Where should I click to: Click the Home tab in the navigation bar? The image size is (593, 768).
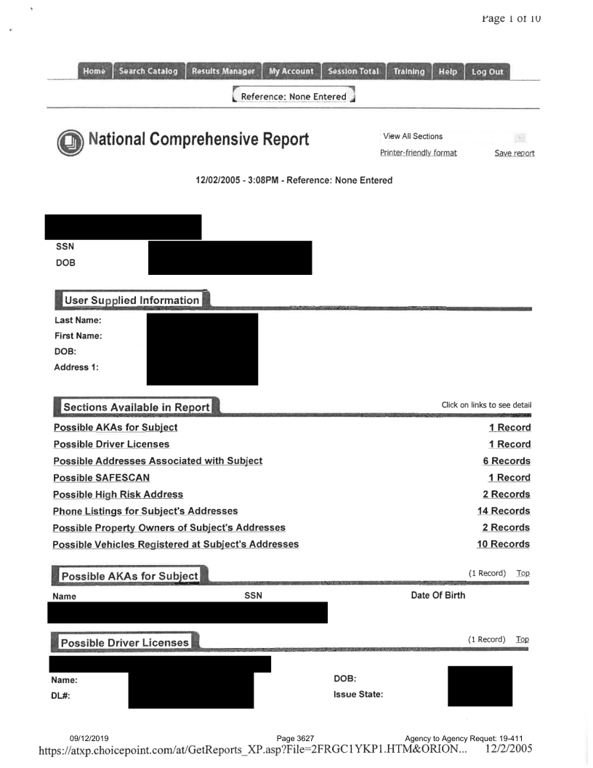[94, 71]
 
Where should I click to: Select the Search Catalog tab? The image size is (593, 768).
[148, 71]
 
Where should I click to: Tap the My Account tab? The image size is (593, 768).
[290, 71]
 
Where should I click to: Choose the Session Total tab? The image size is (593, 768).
[352, 71]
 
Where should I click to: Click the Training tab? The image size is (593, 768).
[408, 71]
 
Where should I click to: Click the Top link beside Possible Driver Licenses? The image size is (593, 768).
[523, 639]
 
